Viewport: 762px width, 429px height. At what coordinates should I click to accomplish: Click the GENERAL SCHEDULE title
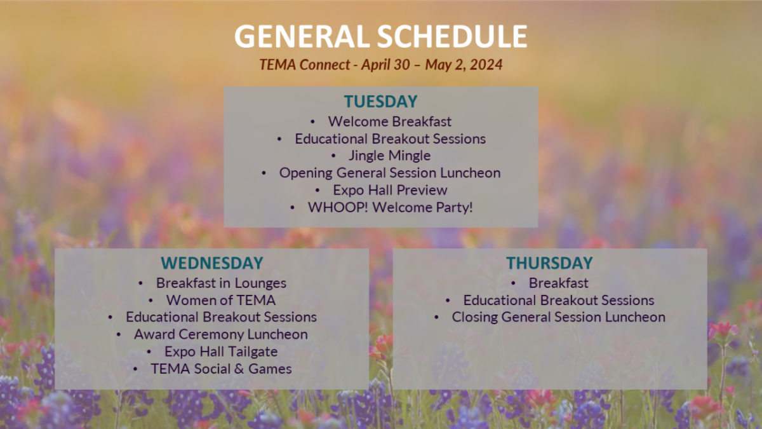[380, 36]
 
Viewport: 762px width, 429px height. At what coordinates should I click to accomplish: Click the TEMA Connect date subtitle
[380, 65]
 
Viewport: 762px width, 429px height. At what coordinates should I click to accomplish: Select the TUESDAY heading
[380, 102]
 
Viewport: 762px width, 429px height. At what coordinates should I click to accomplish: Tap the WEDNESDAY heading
[211, 263]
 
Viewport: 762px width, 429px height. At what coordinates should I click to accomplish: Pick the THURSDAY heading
[549, 263]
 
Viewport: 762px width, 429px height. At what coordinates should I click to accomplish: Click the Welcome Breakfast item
[389, 121]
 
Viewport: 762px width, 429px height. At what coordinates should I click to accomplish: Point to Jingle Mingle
[389, 155]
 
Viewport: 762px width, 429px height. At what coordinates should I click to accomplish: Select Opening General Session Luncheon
[389, 172]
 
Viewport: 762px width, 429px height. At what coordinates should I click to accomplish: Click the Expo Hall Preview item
[389, 189]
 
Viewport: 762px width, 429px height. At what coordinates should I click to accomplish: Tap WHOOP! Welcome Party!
[390, 207]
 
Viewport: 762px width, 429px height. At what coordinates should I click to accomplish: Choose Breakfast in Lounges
[221, 283]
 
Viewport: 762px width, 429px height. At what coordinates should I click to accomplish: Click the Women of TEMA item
[220, 300]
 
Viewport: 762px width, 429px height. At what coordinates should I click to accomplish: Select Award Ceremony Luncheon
[220, 334]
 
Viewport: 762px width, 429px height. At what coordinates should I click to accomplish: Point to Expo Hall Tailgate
[220, 351]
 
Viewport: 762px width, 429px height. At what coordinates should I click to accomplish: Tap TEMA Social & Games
[220, 369]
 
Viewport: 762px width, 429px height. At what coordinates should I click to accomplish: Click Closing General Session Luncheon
[558, 317]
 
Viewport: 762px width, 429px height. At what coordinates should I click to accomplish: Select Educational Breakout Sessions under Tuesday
[390, 138]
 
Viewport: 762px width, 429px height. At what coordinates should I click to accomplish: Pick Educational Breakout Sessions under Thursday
[558, 300]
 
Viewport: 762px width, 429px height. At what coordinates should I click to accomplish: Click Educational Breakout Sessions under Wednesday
[220, 317]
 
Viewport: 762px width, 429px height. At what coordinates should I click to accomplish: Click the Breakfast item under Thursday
[558, 283]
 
